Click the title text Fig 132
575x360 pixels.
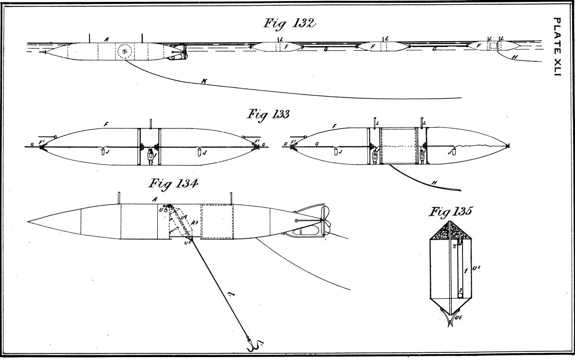click(290, 24)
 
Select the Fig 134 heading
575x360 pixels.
click(174, 184)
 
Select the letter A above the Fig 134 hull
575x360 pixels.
click(154, 198)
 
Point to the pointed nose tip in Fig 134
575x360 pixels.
click(29, 222)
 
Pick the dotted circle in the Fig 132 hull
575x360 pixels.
click(126, 51)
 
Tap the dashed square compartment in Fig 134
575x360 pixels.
click(216, 221)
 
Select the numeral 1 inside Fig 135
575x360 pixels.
click(465, 271)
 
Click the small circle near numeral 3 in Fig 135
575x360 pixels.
click(460, 296)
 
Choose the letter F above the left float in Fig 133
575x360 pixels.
click(106, 124)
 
